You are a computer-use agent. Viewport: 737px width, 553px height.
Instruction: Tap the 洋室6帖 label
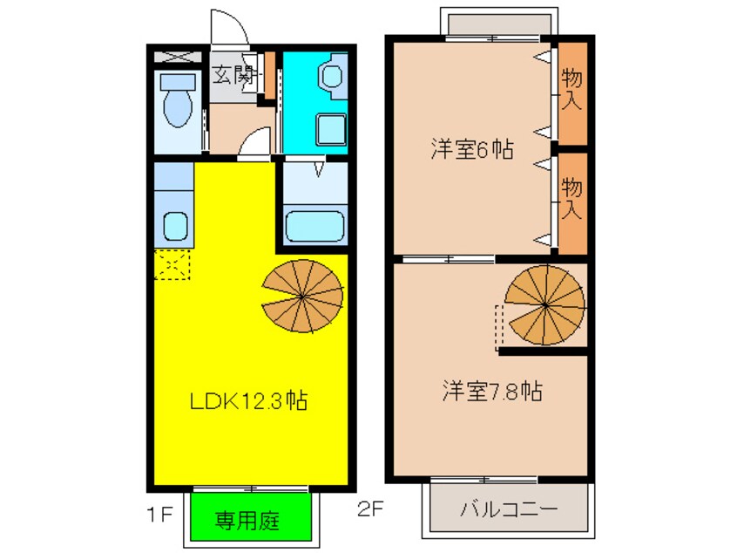470,149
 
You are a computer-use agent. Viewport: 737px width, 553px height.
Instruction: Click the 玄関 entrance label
233,75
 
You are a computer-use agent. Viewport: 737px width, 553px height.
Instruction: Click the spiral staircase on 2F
545,304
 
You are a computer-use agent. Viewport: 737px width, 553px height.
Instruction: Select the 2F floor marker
369,509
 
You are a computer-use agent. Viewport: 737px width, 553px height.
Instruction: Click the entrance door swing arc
232,29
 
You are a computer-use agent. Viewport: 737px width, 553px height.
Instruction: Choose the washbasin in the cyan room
334,76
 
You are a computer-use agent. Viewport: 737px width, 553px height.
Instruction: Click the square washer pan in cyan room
330,131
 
